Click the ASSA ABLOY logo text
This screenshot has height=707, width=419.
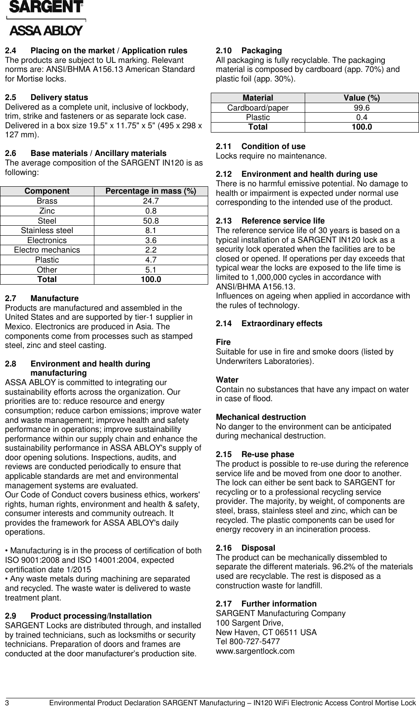point(45,31)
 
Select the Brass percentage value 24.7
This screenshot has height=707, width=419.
point(151,201)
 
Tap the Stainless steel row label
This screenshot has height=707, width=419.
point(47,230)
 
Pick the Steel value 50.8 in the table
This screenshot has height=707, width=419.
point(151,221)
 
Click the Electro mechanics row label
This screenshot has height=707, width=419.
point(47,250)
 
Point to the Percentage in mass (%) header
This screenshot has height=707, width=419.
point(151,191)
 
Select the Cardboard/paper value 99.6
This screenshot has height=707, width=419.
point(361,108)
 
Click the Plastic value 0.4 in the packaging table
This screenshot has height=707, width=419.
point(361,117)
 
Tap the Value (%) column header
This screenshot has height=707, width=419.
point(361,98)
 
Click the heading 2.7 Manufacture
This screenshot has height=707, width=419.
point(42,298)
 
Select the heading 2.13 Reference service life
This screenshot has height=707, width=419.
point(270,221)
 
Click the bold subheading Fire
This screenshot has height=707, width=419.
point(223,342)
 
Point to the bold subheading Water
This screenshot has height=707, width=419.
point(227,380)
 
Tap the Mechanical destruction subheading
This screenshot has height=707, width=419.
point(261,417)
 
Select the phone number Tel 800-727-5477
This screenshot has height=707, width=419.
point(248,642)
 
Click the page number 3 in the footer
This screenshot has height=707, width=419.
point(7,702)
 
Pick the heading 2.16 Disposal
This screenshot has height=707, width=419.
point(245,548)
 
